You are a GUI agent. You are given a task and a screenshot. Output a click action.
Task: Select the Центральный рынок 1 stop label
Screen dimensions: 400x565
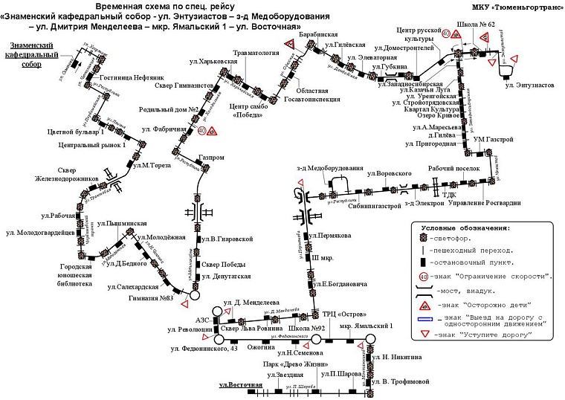[x=91, y=144]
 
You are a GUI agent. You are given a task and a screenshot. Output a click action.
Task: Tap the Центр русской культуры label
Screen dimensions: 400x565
[x=420, y=33]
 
